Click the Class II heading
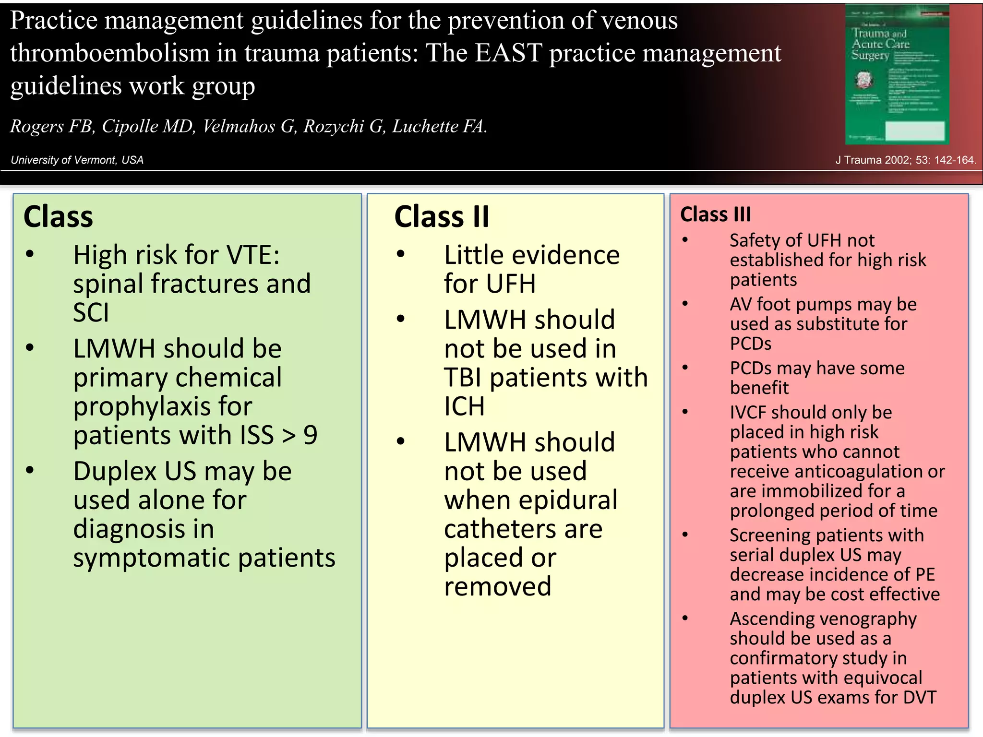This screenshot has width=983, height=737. tap(442, 217)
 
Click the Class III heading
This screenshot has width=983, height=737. tap(715, 214)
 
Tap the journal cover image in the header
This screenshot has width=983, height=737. tap(897, 74)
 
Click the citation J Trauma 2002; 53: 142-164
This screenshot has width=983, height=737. tap(905, 160)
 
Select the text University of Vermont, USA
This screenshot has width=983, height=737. tap(77, 160)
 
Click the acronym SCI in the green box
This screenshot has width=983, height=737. tap(91, 313)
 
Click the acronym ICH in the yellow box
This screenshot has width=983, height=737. tap(464, 407)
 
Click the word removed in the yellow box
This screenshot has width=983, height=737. tap(497, 587)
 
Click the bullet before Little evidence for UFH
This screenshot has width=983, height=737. tap(401, 255)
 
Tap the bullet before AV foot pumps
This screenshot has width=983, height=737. tap(685, 304)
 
